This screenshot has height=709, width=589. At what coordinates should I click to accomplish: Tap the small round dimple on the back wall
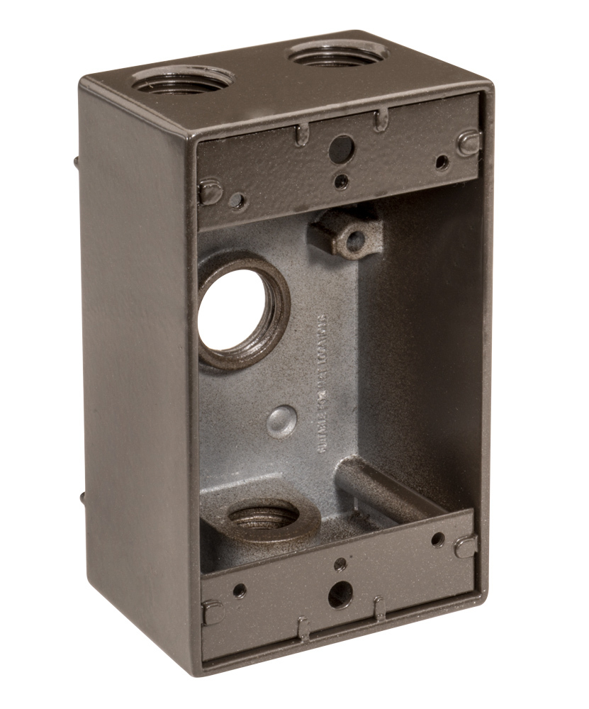281,421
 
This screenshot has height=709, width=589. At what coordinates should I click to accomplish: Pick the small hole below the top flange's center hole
342,182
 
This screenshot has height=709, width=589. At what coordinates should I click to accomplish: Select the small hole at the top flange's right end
442,163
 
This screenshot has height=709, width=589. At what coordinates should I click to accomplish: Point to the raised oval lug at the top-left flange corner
211,191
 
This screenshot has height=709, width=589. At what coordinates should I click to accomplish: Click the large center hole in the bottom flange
341,593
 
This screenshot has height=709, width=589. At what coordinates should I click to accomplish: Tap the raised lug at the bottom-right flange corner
466,545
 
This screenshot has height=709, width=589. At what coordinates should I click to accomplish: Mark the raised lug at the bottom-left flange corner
212,611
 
